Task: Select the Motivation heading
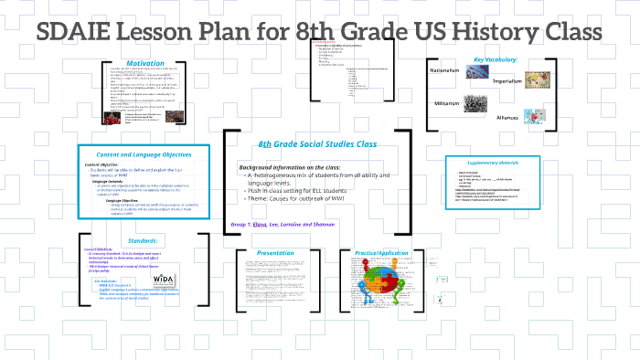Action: pyautogui.click(x=145, y=63)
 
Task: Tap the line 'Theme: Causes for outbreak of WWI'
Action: pyautogui.click(x=304, y=198)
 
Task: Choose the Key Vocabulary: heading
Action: pyautogui.click(x=496, y=61)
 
